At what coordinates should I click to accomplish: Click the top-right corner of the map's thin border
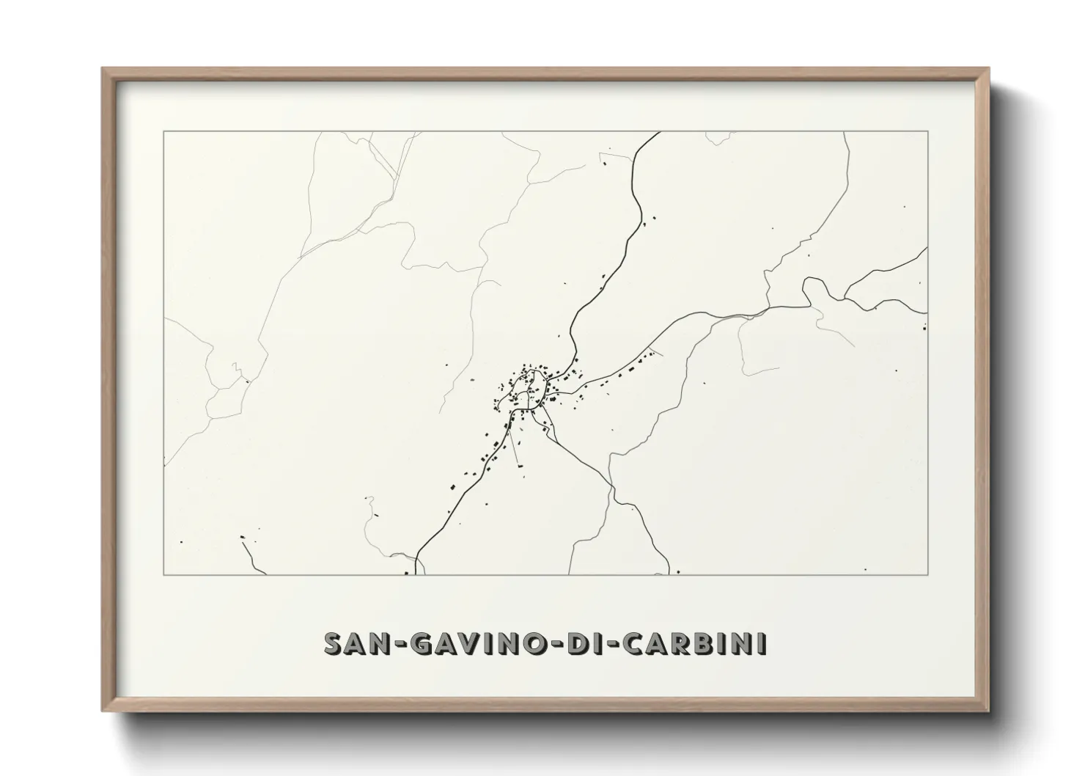point(928,131)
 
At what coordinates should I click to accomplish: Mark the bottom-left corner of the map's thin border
point(164,574)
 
